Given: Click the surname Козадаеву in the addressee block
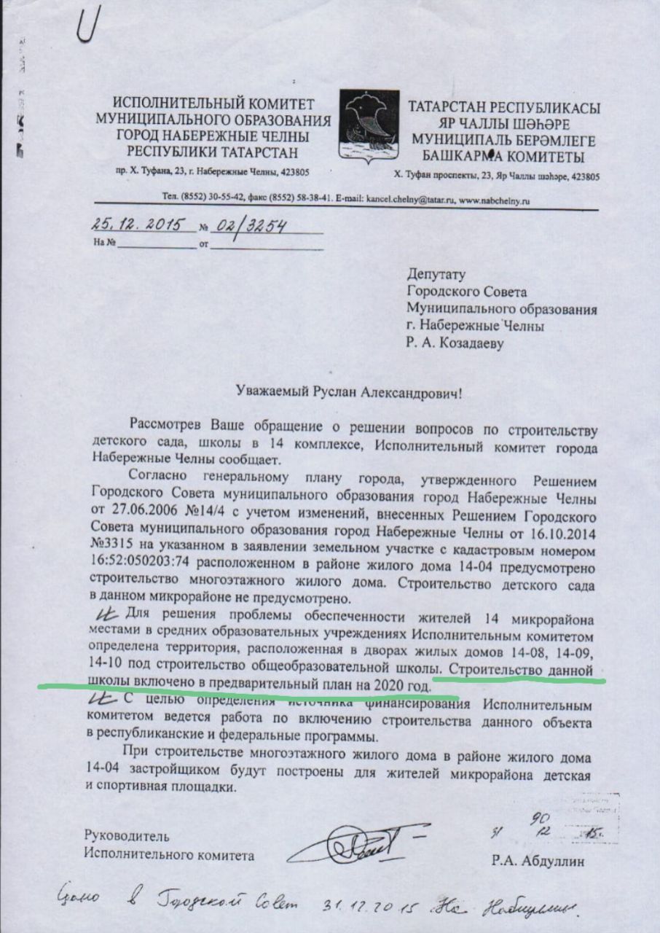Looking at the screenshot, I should pyautogui.click(x=474, y=343).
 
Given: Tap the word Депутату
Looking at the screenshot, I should pyautogui.click(x=435, y=275).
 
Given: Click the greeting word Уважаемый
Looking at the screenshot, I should pyautogui.click(x=275, y=393).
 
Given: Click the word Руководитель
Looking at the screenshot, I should pyautogui.click(x=127, y=835).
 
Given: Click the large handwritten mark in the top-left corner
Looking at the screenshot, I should pyautogui.click(x=90, y=23).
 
